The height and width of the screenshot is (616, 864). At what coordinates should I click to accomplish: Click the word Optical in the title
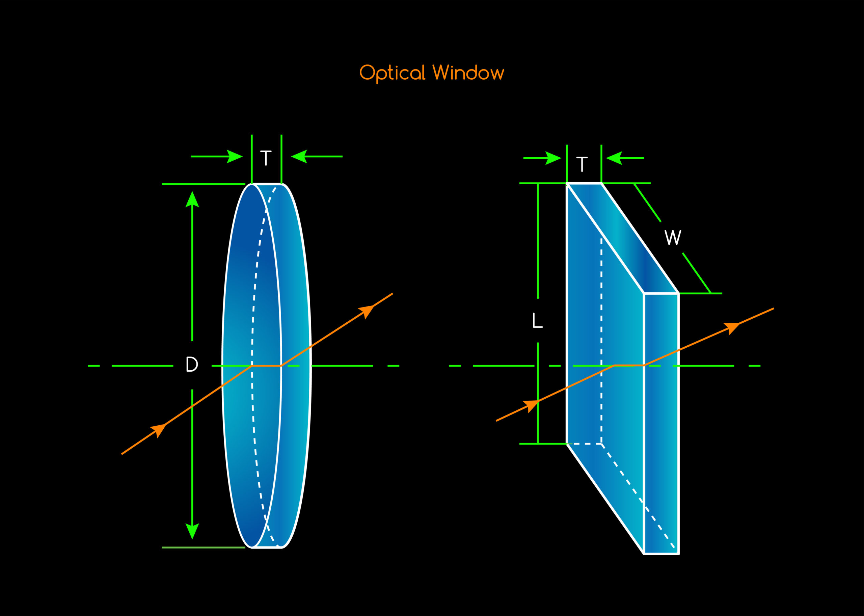click(x=392, y=73)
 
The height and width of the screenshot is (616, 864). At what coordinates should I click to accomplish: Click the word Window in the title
click(x=468, y=73)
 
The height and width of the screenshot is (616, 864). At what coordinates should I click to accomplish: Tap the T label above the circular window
click(x=266, y=158)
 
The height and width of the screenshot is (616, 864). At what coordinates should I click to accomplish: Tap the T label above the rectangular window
click(x=582, y=164)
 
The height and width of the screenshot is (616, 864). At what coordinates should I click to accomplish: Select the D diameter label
click(x=192, y=364)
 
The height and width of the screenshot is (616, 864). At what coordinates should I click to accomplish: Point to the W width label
click(x=673, y=237)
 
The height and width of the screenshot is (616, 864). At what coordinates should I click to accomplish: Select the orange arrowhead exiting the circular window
click(x=367, y=311)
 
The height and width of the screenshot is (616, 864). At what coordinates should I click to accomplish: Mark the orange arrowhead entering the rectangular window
click(x=531, y=405)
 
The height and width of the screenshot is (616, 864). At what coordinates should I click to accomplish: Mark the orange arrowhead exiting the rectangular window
click(x=732, y=327)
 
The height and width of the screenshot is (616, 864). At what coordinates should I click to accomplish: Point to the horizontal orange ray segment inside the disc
click(x=267, y=366)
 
